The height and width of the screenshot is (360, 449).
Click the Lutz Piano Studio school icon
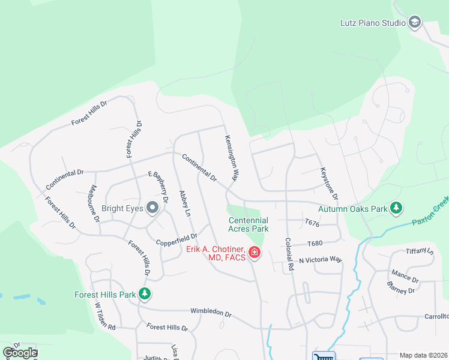point(414,23)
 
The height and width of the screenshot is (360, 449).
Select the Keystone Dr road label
point(330,184)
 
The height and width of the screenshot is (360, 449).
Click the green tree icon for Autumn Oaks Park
point(396,208)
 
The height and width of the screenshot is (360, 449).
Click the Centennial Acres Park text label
point(249,224)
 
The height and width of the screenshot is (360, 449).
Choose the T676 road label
point(312,222)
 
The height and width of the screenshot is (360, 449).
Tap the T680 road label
point(315,244)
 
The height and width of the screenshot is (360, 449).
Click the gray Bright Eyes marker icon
point(152,208)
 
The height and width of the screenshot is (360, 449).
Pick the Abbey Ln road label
point(185,203)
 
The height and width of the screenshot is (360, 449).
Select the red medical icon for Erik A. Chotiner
point(255,253)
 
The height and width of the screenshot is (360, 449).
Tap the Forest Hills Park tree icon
point(144,294)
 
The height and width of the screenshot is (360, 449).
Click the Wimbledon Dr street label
point(211,313)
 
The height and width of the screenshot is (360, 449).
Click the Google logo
point(19,353)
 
